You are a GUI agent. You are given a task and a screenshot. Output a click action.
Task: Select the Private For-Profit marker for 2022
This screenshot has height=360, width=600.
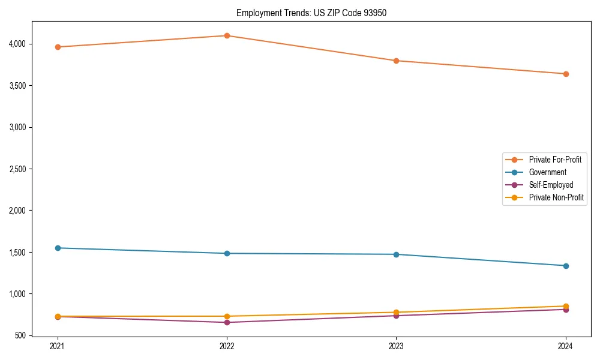pos(227,35)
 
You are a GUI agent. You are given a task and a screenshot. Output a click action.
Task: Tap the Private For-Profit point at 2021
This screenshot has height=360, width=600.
pos(57,47)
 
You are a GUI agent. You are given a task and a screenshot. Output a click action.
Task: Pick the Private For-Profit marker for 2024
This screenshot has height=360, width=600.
pos(566,74)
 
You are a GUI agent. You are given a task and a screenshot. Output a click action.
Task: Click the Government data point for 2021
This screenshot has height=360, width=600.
pos(57,248)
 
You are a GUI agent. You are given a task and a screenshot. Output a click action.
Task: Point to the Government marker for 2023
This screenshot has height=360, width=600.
pos(396,254)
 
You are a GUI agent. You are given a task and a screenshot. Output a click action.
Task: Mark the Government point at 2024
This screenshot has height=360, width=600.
pos(566,266)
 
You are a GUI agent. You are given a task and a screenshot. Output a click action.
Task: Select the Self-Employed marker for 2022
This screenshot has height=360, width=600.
pos(227,322)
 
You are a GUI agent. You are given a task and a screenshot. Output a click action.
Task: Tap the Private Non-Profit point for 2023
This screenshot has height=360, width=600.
pos(396,313)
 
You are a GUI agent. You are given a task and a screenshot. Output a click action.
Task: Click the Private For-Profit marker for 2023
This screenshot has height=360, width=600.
pos(396,61)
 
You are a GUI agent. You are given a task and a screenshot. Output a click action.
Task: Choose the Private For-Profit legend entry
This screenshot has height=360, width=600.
pos(554,160)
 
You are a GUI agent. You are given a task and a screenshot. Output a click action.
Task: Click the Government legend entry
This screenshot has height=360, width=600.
pos(547,172)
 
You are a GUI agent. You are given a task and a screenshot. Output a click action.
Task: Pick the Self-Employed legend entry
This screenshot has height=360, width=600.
pos(551,185)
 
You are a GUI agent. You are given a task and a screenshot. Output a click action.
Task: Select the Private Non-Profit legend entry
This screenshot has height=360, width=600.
pos(556,197)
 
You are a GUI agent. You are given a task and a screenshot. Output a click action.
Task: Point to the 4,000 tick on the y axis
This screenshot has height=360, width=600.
pos(17,44)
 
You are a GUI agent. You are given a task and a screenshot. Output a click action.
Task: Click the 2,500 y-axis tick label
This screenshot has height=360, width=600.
pos(17,169)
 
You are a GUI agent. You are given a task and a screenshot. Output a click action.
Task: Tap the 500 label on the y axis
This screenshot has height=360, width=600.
pos(21,335)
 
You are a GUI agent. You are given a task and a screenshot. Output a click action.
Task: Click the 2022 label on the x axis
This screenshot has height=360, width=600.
pos(227,346)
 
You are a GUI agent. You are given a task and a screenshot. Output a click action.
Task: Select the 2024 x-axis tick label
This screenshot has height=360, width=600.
pos(566,346)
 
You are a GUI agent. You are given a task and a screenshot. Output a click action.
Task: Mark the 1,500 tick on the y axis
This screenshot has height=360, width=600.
pos(17,253)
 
